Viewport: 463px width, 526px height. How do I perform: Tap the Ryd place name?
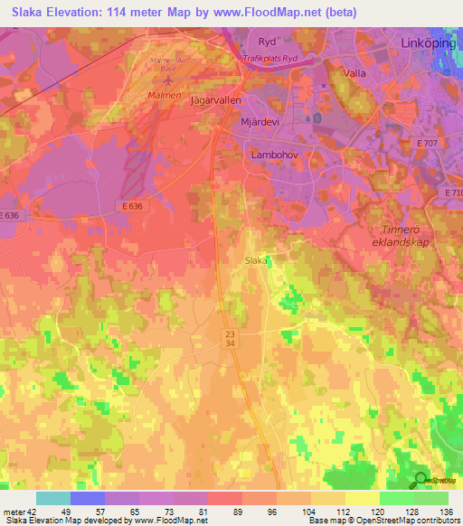tap(266, 42)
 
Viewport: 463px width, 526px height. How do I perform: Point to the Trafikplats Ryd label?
tap(270, 59)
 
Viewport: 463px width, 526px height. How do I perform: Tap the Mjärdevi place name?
tap(268, 126)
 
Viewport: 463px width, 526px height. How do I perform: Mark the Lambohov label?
tap(273, 155)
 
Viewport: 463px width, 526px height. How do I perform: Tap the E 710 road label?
tap(453, 193)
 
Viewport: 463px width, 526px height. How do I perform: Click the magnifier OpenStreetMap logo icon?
tap(420, 480)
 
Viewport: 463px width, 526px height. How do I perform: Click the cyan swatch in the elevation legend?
tap(53, 498)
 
